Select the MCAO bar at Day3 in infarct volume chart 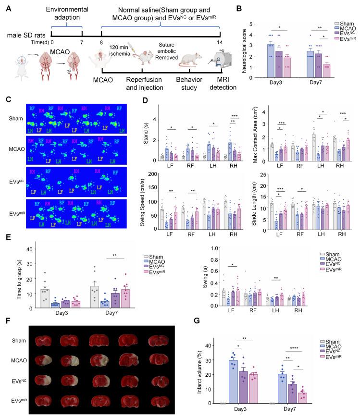[234, 382]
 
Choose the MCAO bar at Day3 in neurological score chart [270, 61]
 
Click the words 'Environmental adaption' [67, 13]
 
